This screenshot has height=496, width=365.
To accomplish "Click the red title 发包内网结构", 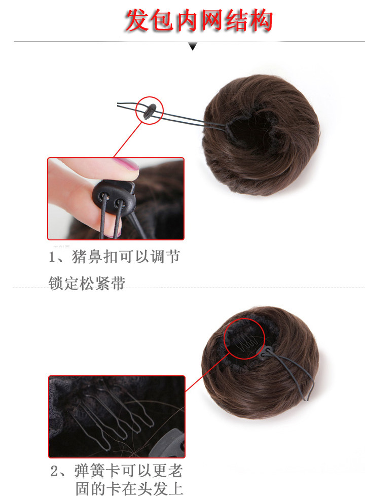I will pyautogui.click(x=199, y=21).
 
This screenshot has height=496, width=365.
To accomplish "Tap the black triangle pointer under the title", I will pyautogui.click(x=193, y=47).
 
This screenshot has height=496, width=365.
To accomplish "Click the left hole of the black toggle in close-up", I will pyautogui.click(x=104, y=194).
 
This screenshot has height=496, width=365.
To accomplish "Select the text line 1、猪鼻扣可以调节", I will pyautogui.click(x=114, y=257).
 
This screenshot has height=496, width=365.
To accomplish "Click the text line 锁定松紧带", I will pyautogui.click(x=87, y=283).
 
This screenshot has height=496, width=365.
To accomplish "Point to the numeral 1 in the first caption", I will pyautogui.click(x=52, y=258).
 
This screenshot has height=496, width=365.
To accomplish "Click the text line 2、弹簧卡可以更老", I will pyautogui.click(x=116, y=471).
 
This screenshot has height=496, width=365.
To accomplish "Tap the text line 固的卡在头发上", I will pyautogui.click(x=129, y=488).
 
